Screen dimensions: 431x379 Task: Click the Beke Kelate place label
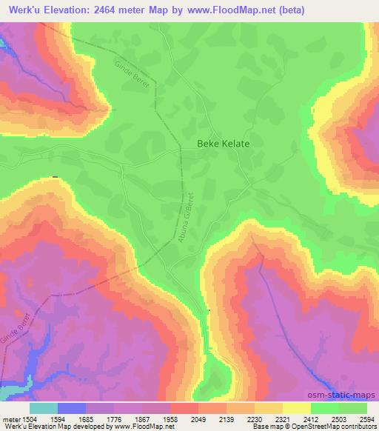pos(223,145)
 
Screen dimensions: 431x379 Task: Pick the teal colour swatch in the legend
pos(43,408)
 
